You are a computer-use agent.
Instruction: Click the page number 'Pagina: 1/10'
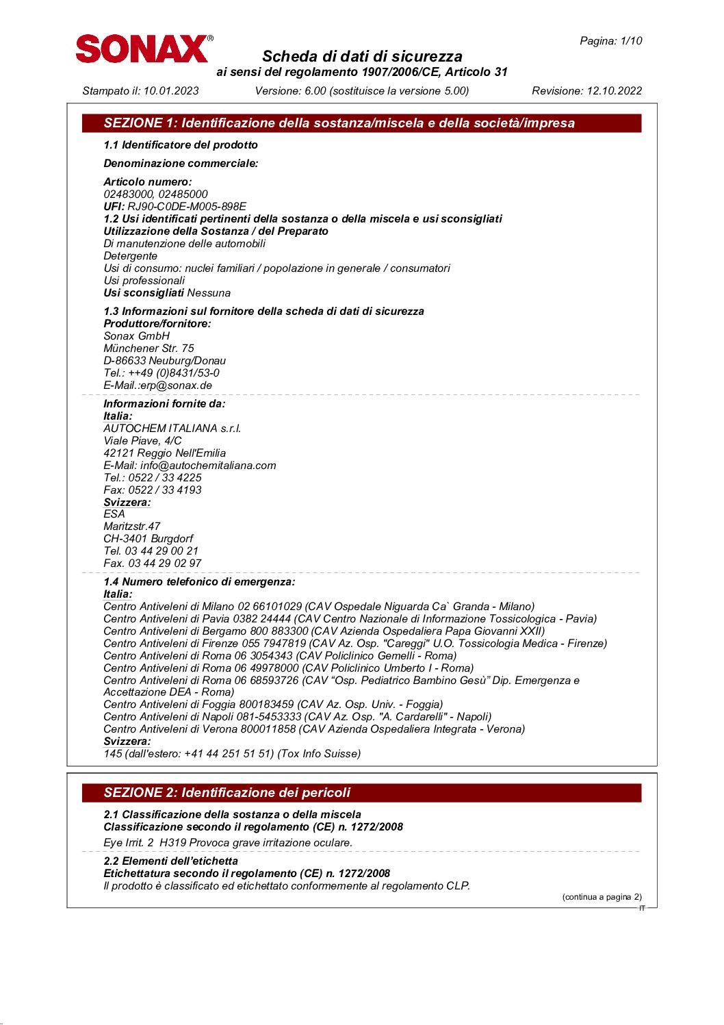point(610,41)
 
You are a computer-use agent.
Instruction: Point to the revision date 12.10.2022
point(615,91)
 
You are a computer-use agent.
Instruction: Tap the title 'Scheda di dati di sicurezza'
point(362,57)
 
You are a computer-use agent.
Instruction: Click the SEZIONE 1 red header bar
point(361,123)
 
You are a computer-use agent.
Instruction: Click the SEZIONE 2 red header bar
point(361,793)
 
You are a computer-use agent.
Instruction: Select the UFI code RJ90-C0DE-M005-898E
point(187,207)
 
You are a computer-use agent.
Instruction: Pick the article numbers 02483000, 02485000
point(155,194)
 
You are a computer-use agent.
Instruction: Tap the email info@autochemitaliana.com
point(208,466)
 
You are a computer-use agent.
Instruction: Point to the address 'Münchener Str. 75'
point(148,349)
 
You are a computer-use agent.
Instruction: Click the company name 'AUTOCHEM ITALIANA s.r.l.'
point(172,429)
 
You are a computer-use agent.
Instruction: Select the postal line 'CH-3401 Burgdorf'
point(148,539)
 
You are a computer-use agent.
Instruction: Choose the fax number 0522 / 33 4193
point(165,490)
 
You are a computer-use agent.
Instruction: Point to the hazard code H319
point(172,843)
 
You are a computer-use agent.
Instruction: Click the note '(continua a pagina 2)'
point(602,897)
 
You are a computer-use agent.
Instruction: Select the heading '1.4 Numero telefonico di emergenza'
point(199,582)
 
